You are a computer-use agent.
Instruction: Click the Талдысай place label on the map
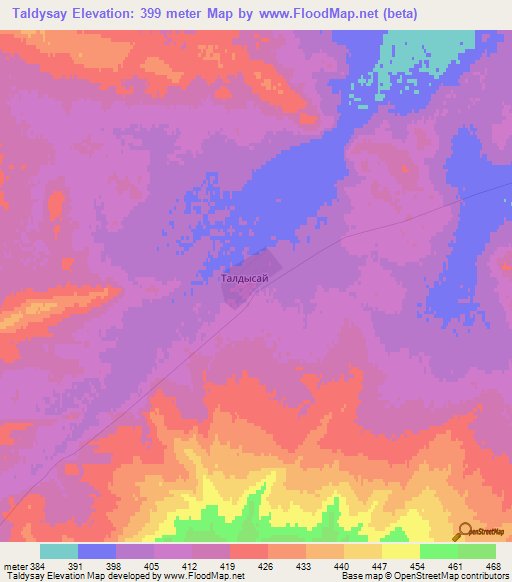pos(244,281)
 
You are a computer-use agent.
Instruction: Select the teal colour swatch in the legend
pos(59,551)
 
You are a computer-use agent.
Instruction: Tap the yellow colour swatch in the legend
pos(400,551)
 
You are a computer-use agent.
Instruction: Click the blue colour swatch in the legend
pos(97,551)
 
